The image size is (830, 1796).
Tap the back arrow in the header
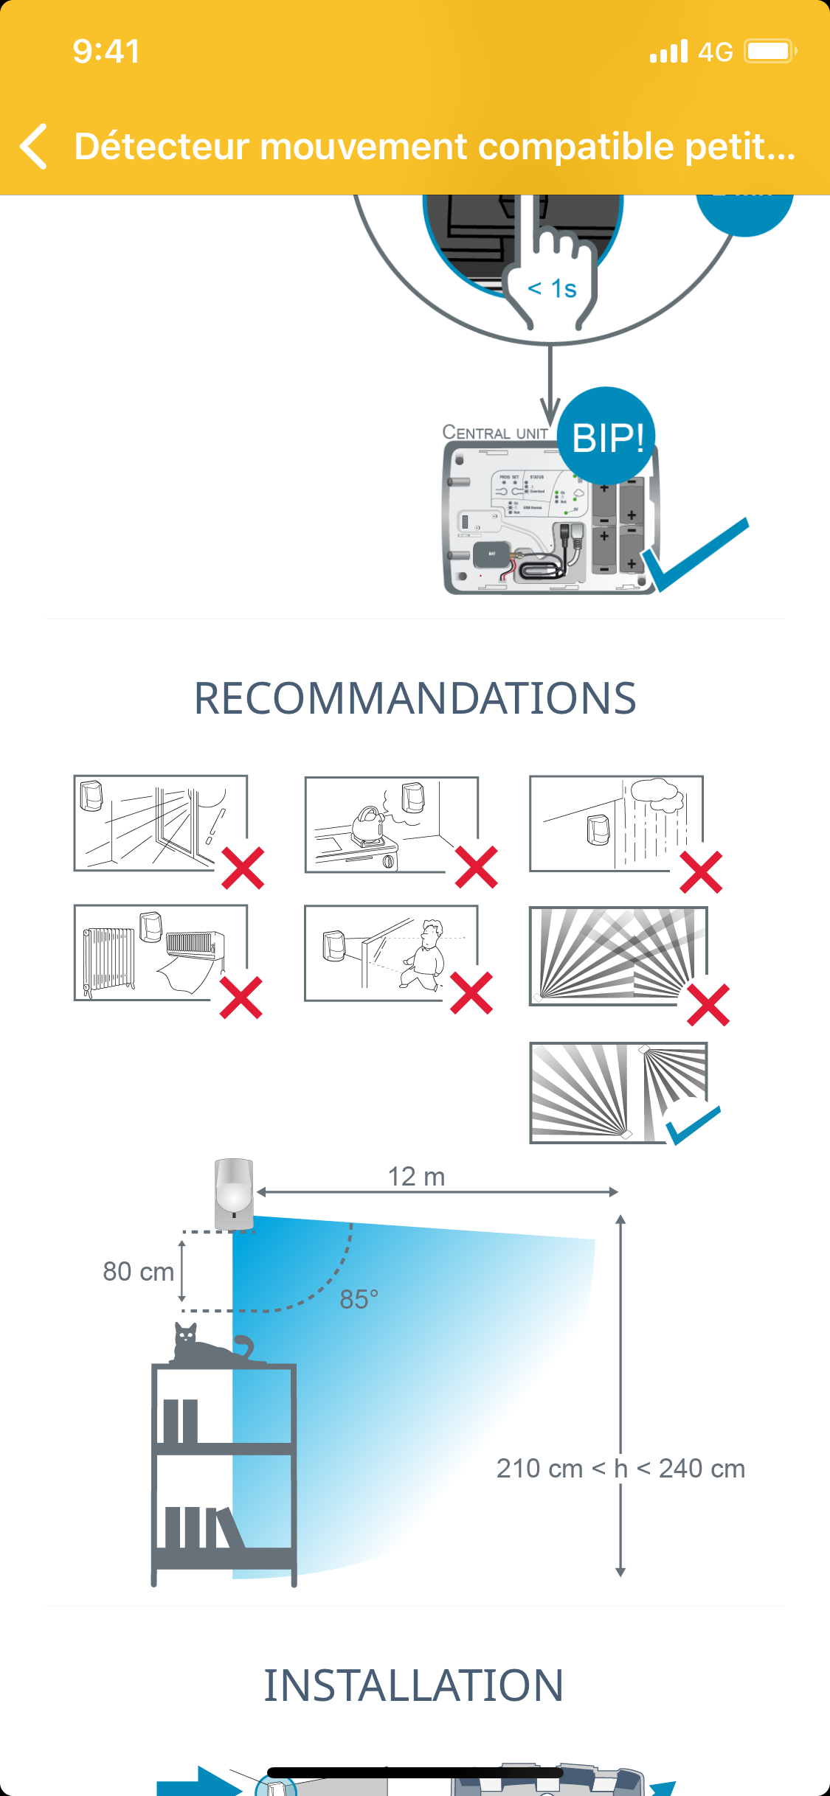click(x=34, y=146)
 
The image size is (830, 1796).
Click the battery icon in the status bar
click(x=770, y=52)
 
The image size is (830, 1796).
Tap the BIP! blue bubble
click(x=607, y=437)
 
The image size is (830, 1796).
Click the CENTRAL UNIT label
click(x=495, y=433)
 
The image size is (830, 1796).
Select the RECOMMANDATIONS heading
click(x=415, y=698)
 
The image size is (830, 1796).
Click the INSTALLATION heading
click(x=414, y=1685)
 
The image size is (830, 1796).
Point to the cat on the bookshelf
click(x=210, y=1345)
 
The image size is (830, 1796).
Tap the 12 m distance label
click(x=416, y=1177)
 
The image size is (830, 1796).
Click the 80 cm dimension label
click(x=138, y=1272)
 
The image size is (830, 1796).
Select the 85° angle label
click(x=359, y=1299)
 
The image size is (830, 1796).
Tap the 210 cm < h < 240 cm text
click(x=620, y=1468)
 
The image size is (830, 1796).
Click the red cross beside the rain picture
click(x=701, y=872)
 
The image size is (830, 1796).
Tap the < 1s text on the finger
click(x=553, y=289)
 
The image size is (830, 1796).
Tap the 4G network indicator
click(x=715, y=52)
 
